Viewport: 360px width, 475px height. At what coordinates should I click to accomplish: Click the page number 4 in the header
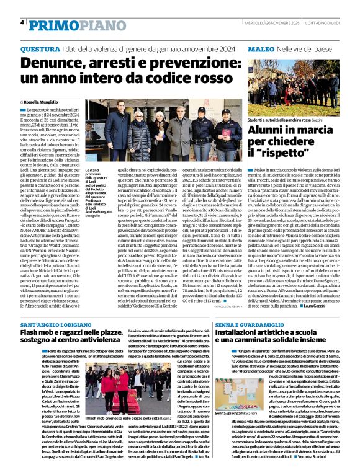click(x=22, y=23)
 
